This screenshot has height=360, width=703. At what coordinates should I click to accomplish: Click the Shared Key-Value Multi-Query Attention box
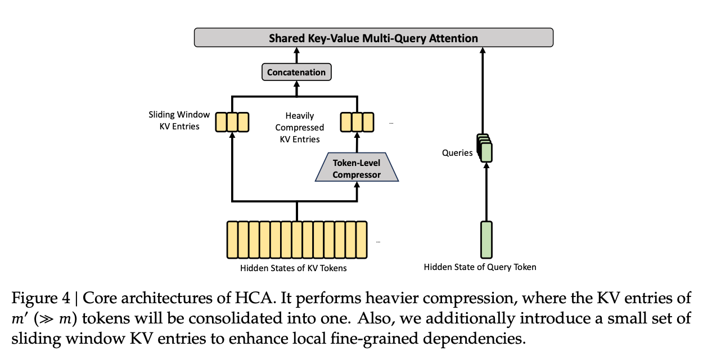pyautogui.click(x=373, y=38)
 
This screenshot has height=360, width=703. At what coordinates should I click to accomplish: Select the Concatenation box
pyautogui.click(x=296, y=73)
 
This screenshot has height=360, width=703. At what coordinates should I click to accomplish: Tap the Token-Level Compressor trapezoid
pyautogui.click(x=357, y=169)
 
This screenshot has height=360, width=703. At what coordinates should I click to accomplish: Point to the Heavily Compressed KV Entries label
pyautogui.click(x=299, y=127)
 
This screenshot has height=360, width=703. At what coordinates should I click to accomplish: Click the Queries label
pyautogui.click(x=457, y=153)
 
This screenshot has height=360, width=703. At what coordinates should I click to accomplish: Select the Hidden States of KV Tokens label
pyautogui.click(x=294, y=268)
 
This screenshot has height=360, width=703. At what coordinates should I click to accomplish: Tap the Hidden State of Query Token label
pyautogui.click(x=480, y=267)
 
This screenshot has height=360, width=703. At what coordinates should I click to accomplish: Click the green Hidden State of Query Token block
pyautogui.click(x=486, y=239)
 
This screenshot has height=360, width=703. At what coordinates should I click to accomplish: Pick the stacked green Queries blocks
pyautogui.click(x=484, y=148)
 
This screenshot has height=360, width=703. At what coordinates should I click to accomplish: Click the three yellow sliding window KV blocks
pyautogui.click(x=232, y=121)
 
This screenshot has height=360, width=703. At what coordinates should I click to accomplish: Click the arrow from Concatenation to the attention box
pyautogui.click(x=296, y=55)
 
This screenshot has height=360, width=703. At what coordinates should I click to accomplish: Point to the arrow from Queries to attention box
pyautogui.click(x=483, y=90)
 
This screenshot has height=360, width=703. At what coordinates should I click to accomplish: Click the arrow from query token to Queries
pyautogui.click(x=486, y=191)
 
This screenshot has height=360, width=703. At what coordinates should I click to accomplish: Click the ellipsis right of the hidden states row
pyautogui.click(x=378, y=241)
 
